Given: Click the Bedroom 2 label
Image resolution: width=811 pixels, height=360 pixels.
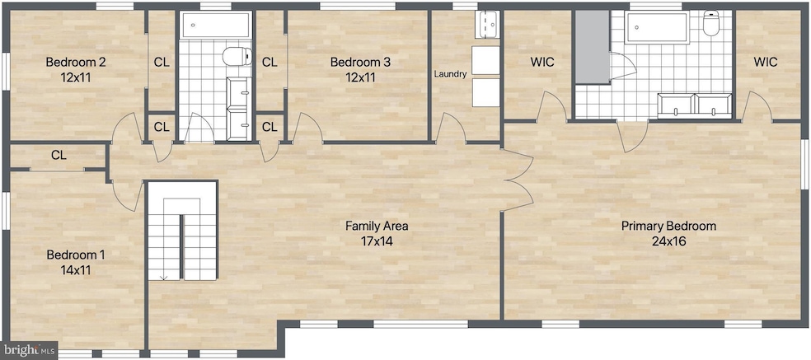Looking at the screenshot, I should (75, 62).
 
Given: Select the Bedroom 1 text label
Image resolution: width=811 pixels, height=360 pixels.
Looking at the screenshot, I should (75, 255).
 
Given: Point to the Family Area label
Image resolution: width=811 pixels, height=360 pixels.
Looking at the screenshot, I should (377, 226).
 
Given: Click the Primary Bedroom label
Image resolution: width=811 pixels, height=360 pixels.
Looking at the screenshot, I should (668, 226).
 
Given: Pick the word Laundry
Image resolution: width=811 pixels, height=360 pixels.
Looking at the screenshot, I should (451, 74).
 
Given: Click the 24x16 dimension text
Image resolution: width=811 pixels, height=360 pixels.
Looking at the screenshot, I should (668, 241).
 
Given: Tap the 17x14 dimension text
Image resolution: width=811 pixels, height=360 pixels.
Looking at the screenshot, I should (377, 241).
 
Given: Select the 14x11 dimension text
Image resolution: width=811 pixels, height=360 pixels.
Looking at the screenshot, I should (75, 269).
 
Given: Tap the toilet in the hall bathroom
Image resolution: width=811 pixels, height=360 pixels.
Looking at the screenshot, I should (237, 57).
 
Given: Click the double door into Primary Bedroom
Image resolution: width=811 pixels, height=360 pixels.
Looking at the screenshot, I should (518, 183).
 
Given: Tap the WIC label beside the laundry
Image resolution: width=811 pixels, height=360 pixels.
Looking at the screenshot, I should (542, 62).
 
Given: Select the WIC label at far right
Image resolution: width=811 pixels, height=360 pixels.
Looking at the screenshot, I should (765, 62).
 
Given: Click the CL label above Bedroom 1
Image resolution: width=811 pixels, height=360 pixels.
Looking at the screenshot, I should (59, 155).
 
